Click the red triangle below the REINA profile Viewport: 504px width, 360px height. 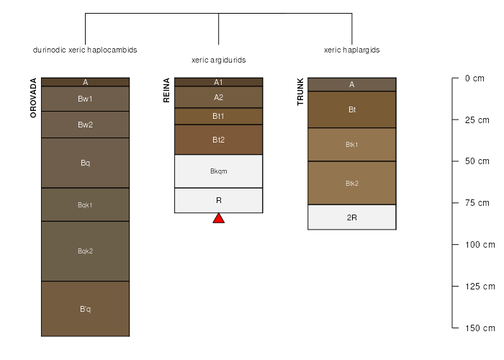click(219, 219)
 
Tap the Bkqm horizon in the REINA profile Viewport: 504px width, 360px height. click(219, 171)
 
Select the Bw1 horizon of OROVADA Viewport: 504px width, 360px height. click(85, 99)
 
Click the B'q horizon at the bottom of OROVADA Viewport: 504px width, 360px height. click(85, 309)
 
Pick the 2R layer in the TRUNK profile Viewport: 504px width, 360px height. click(352, 217)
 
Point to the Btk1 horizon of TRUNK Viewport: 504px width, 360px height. click(352, 145)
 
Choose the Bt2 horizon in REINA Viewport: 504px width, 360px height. click(219, 140)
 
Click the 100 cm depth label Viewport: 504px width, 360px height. click(480, 245)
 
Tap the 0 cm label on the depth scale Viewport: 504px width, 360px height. click(474, 78)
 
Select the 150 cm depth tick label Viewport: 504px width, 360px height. click(480, 328)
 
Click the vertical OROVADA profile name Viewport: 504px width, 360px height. click(33, 98)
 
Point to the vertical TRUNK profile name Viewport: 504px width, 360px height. click(300, 91)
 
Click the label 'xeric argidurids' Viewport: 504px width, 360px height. click(219, 60)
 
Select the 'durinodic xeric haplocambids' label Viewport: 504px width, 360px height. click(85, 50)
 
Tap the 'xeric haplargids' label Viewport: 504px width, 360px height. click(352, 50)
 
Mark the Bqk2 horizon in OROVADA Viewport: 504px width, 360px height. click(85, 251)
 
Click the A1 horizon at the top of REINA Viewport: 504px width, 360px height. click(219, 82)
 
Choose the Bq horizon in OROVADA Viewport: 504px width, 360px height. click(85, 163)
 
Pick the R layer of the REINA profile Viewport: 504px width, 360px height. click(219, 201)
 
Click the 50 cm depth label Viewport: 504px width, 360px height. click(477, 161)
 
